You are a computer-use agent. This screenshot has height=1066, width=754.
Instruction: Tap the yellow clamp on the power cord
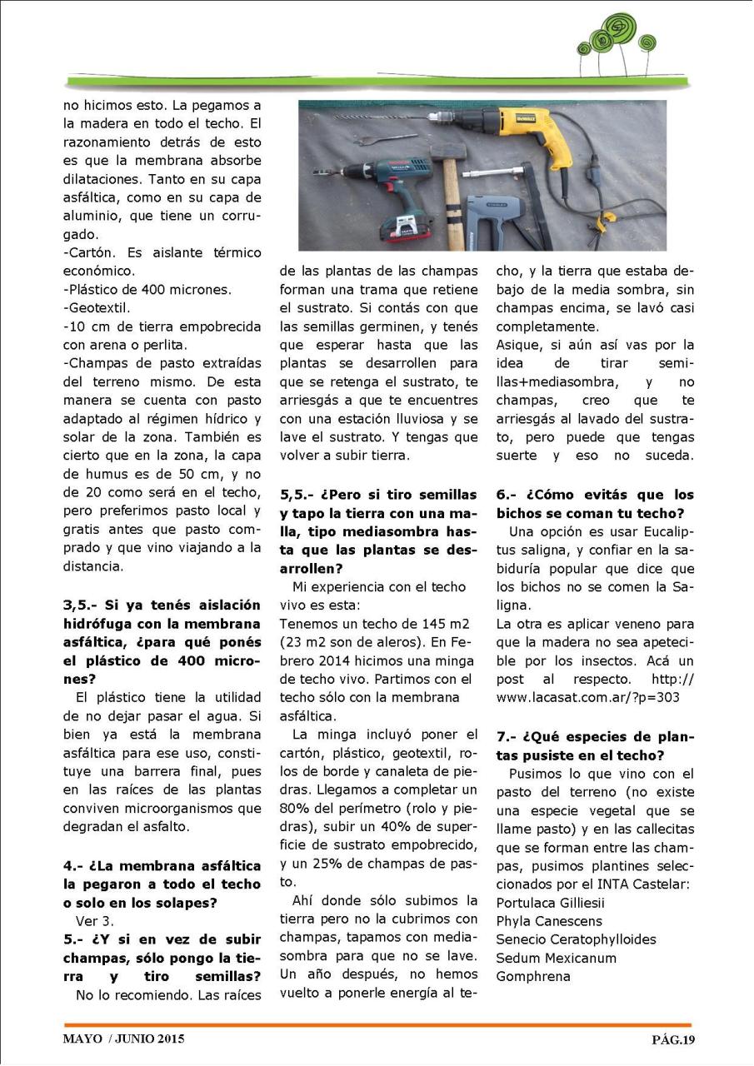point(606,218)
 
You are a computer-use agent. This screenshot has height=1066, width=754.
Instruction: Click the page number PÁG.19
point(672,1039)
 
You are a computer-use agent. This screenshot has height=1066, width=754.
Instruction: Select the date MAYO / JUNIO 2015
point(123,1039)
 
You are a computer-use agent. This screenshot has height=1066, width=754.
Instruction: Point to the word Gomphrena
point(533,976)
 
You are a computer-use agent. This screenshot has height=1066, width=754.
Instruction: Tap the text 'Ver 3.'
point(94,921)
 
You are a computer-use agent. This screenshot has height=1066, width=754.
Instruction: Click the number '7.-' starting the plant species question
point(509,737)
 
